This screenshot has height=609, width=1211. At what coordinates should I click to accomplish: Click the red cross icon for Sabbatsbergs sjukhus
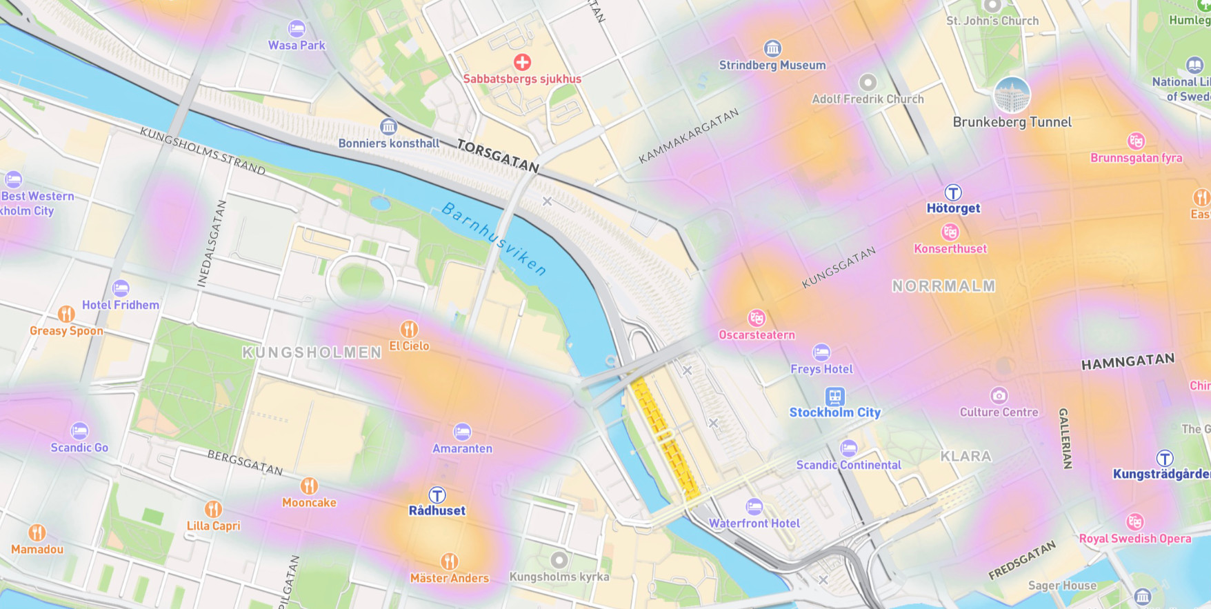click(522, 62)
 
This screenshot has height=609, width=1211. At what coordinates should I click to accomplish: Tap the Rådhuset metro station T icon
click(437, 495)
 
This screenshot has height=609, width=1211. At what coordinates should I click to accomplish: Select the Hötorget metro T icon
click(953, 192)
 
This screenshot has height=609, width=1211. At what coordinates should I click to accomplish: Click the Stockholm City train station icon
click(834, 397)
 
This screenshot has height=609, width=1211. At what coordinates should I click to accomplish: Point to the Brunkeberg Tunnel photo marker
click(1012, 95)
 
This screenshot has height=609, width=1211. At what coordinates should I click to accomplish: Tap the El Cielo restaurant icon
click(409, 329)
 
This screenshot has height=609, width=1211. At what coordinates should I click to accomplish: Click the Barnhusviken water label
click(494, 239)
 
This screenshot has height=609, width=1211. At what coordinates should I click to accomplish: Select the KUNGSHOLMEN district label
click(312, 352)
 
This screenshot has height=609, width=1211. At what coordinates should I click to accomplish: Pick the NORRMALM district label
click(943, 286)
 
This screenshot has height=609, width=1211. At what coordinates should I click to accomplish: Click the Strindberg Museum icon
click(772, 48)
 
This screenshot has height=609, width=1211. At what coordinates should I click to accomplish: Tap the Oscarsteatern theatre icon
click(757, 318)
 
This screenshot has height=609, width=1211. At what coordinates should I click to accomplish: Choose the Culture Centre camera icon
click(999, 395)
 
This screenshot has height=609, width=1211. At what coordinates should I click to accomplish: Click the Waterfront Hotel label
click(754, 523)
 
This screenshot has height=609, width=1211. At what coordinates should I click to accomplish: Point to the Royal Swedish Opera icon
click(1134, 521)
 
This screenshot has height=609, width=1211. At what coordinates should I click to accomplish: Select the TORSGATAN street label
click(498, 156)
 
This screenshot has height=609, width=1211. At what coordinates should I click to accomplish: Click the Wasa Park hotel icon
click(297, 28)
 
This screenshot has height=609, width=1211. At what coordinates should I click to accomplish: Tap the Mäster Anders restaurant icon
click(449, 561)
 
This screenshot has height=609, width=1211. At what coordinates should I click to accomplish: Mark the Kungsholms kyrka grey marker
click(559, 559)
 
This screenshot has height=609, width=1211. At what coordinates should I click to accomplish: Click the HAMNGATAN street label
click(1128, 361)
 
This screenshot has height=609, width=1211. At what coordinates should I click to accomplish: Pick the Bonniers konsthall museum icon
click(388, 127)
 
